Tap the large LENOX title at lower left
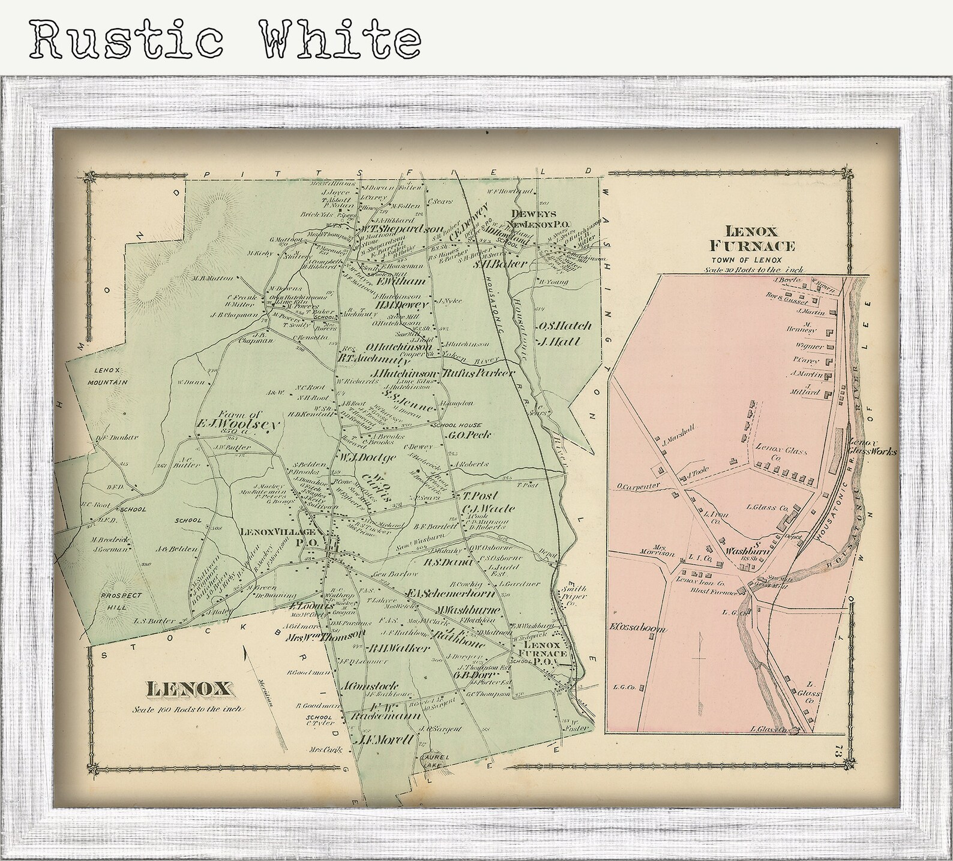point(188,689)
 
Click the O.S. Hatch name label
point(564,326)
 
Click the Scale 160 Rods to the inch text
point(188,709)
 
